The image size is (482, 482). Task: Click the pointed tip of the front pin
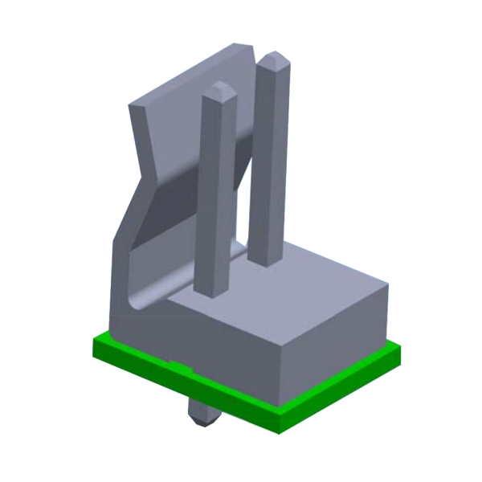pyautogui.click(x=218, y=87)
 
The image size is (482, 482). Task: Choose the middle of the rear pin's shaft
pyautogui.click(x=267, y=161)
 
